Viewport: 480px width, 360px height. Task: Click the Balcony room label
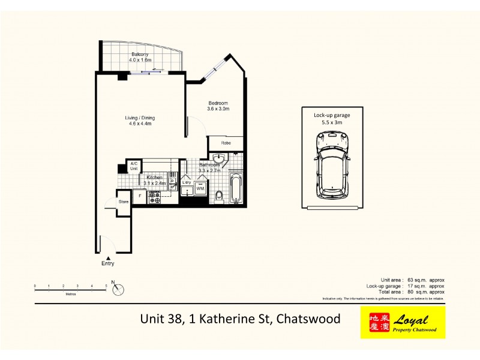click(x=140, y=55)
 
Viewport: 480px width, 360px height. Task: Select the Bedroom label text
click(x=218, y=103)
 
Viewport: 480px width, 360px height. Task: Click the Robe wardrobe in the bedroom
click(x=226, y=143)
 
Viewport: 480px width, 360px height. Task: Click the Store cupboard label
click(x=124, y=202)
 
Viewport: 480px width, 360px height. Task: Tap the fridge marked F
click(x=140, y=196)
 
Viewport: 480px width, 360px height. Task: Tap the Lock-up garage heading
click(x=331, y=115)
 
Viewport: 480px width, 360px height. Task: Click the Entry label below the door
click(x=108, y=263)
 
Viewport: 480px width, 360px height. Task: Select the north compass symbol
click(x=118, y=289)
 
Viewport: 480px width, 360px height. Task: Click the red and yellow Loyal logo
click(x=403, y=323)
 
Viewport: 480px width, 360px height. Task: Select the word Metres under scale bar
click(x=71, y=294)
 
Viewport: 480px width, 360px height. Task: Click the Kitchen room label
click(x=155, y=178)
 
